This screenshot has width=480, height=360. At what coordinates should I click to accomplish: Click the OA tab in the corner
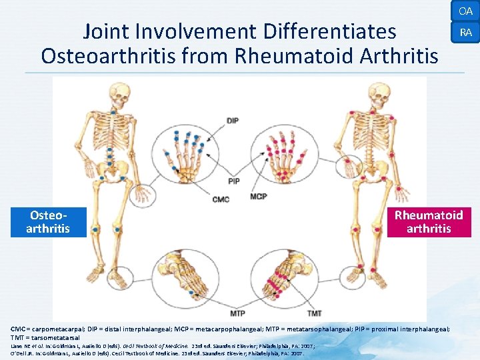pyautogui.click(x=465, y=11)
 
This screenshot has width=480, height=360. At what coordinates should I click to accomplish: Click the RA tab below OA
pyautogui.click(x=465, y=32)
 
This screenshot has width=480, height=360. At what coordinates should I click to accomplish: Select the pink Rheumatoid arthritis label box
pyautogui.click(x=429, y=222)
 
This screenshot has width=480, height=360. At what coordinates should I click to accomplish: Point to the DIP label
pyautogui.click(x=233, y=121)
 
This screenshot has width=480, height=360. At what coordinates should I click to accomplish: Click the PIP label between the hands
pyautogui.click(x=233, y=181)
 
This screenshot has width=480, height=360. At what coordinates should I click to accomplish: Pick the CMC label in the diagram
pyautogui.click(x=221, y=199)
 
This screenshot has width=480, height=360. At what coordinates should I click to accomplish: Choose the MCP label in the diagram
pyautogui.click(x=259, y=197)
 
